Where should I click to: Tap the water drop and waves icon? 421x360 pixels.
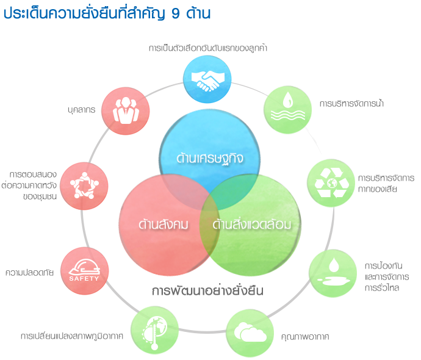click(x=288, y=106)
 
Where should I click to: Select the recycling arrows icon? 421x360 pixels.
click(x=332, y=183)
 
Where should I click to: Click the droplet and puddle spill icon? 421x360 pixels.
click(x=334, y=272)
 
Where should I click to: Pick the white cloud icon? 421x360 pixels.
click(x=250, y=332)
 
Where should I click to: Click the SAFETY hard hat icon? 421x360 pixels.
click(x=84, y=270)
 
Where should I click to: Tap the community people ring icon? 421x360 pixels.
click(x=84, y=185)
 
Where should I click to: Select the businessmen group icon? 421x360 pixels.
click(x=126, y=110)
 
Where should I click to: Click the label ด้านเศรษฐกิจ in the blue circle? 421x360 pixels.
click(x=210, y=159)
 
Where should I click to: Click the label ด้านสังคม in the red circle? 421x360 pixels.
click(x=164, y=225)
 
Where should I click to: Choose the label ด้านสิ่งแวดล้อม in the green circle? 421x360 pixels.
click(x=252, y=225)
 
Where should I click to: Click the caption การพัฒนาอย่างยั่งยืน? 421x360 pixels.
click(x=207, y=291)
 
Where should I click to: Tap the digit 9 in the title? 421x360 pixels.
click(x=175, y=13)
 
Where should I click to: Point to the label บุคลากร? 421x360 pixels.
click(x=82, y=110)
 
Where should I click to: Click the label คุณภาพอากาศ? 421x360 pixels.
click(x=305, y=337)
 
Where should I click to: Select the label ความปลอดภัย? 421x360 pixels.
click(x=29, y=273)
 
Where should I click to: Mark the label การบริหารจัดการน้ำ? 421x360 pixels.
click(x=351, y=103)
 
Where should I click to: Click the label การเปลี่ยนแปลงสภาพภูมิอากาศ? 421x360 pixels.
click(x=72, y=336)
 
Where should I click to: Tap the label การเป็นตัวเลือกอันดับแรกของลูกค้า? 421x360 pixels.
click(x=208, y=48)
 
